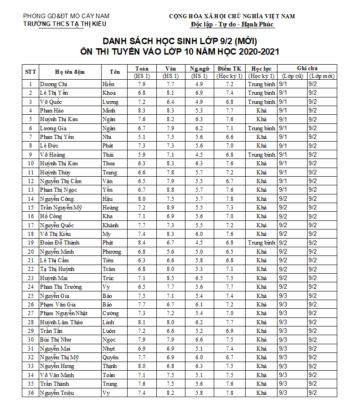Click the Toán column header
pyautogui.click(x=141, y=69)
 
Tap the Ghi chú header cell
pyautogui.click(x=307, y=68)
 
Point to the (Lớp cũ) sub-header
pyautogui.click(x=292, y=76)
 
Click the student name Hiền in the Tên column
pyautogui.click(x=108, y=84)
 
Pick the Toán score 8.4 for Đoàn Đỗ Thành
pyautogui.click(x=141, y=243)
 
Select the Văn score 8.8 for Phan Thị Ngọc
pyautogui.click(x=170, y=190)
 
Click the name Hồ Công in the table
pyautogui.click(x=51, y=216)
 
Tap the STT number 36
pyautogui.click(x=31, y=393)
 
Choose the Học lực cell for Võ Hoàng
pyautogui.click(x=261, y=155)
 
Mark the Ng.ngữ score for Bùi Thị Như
pyautogui.click(x=199, y=340)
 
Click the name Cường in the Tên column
pyautogui.click(x=111, y=313)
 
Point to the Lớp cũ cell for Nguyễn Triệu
pyautogui.click(x=283, y=393)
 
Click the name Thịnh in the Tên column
pyautogui.click(x=110, y=366)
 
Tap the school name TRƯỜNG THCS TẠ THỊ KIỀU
pyautogui.click(x=65, y=24)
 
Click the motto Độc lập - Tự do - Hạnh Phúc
pyautogui.click(x=232, y=24)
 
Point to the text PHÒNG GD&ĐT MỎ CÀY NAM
pyautogui.click(x=66, y=16)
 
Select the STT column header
pyautogui.click(x=31, y=72)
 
